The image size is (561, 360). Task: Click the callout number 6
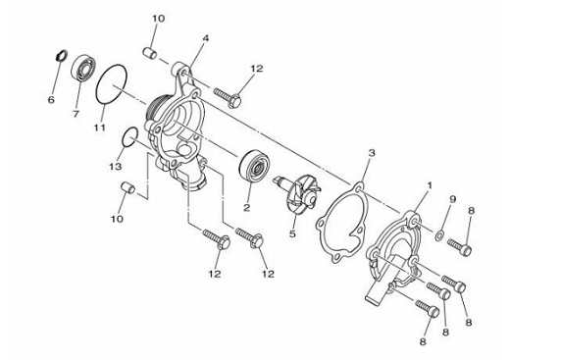51,100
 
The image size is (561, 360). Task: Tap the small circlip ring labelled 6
62,56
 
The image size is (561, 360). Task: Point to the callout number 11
100,128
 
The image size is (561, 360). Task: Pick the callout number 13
116,167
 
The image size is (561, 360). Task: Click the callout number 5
292,234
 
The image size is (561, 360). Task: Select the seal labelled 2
254,164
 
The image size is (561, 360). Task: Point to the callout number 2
246,207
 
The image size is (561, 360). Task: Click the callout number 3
372,153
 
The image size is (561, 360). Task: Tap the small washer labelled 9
439,235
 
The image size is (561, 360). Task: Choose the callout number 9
453,199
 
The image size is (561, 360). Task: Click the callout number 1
430,185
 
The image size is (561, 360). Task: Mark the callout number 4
205,38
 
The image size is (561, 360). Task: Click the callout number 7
76,114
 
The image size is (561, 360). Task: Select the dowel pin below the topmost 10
149,53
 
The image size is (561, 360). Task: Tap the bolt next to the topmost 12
228,96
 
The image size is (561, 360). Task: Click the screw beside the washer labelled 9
459,247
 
